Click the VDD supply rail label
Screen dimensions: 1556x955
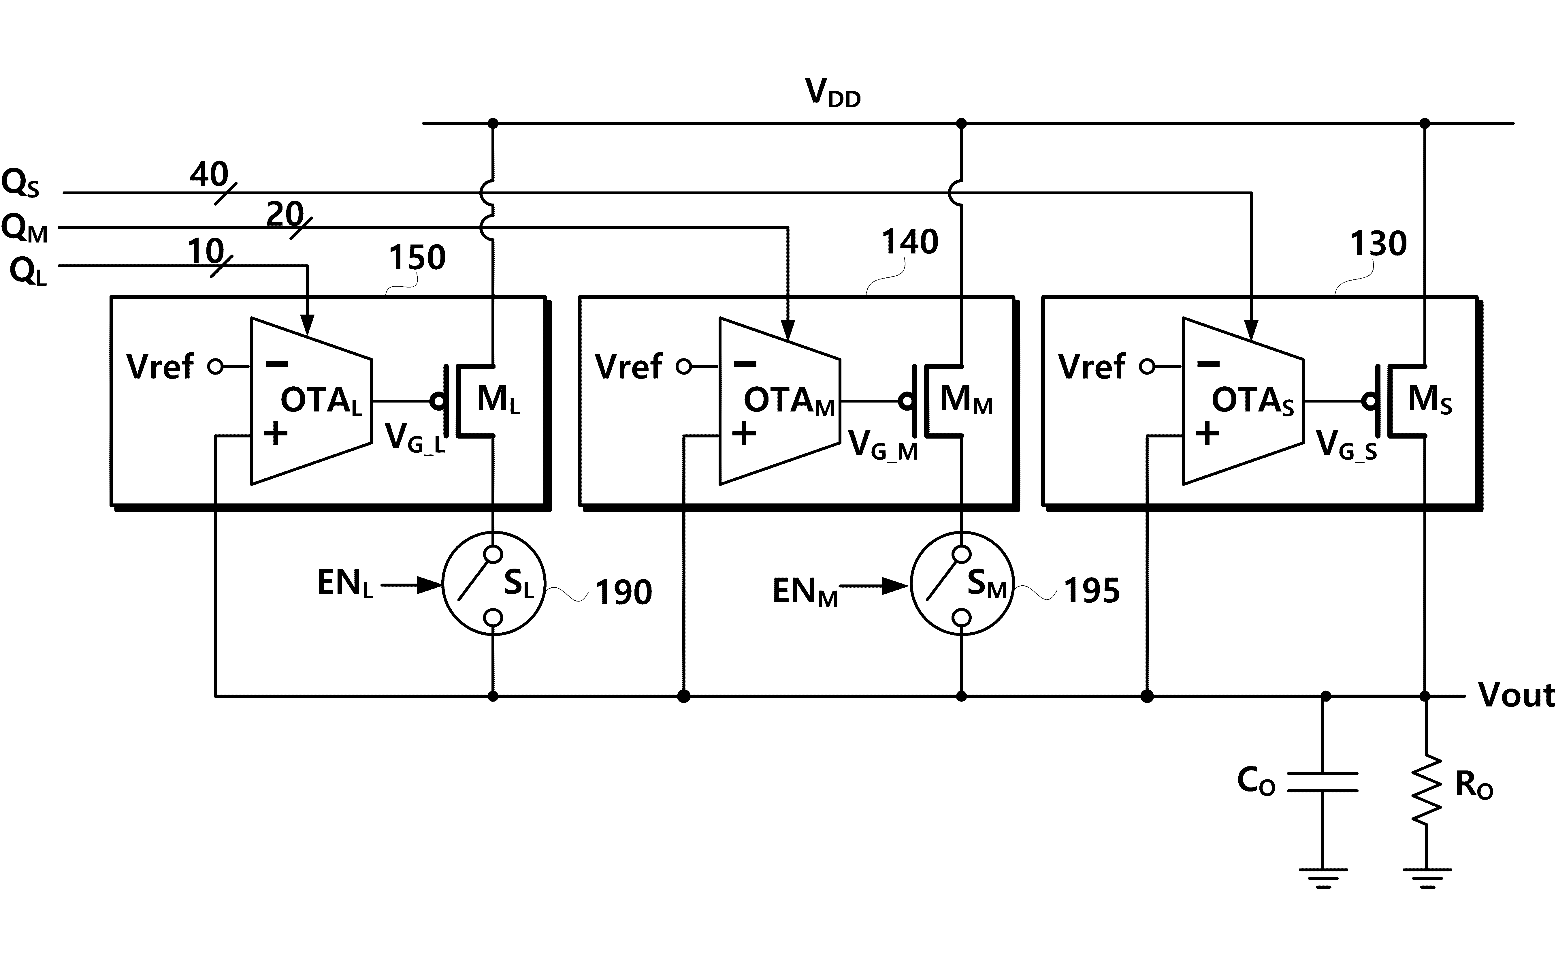(832, 93)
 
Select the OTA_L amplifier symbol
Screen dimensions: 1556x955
(311, 401)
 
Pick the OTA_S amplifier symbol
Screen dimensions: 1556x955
(1243, 401)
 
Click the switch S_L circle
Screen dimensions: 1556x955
(493, 584)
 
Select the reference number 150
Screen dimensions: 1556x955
(417, 257)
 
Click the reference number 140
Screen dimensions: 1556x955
(910, 242)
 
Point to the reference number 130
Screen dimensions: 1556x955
(1378, 244)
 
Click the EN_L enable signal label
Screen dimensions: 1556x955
(345, 584)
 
